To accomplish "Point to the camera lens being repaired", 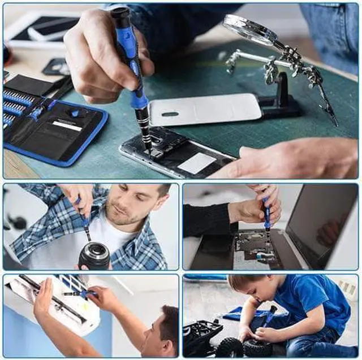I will (94, 255).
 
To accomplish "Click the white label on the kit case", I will (67, 125).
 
